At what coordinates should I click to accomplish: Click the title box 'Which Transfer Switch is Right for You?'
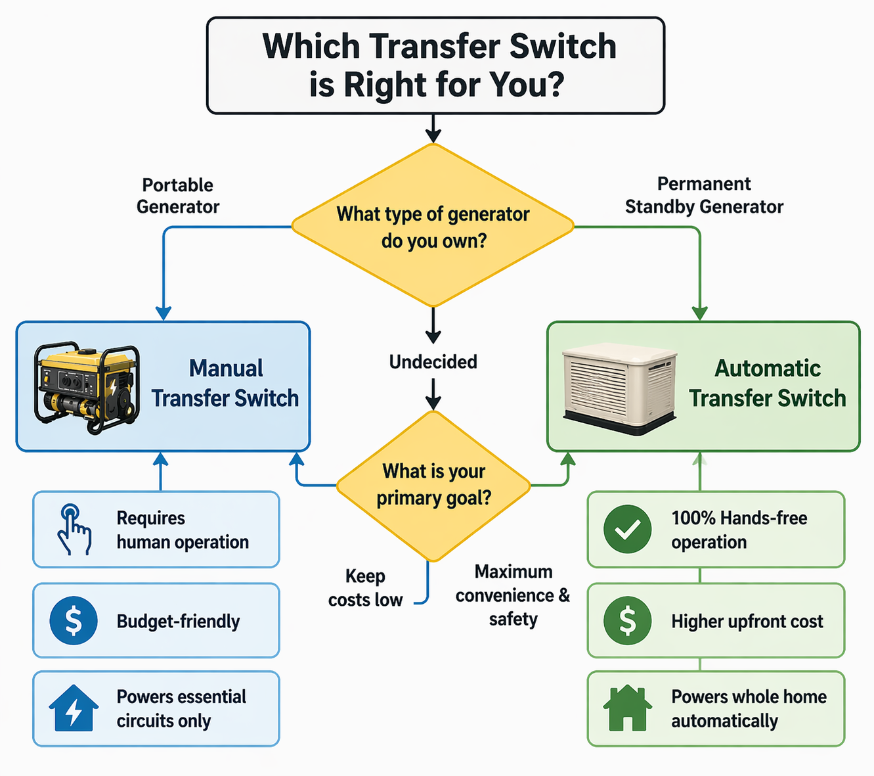436,66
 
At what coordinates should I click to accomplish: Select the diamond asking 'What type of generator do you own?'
433,227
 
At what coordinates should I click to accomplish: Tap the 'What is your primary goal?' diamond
433,485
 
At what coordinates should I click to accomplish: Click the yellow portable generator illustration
87,388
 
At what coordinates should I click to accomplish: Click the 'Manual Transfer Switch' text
225,383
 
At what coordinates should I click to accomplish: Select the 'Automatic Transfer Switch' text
767,383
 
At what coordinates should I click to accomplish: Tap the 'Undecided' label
433,362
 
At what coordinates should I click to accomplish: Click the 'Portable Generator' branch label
178,196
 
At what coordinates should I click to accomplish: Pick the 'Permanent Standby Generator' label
704,195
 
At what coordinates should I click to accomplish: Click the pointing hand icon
74,530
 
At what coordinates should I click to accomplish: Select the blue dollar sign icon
74,620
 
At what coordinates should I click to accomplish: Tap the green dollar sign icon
628,620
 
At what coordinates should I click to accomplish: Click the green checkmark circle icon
628,529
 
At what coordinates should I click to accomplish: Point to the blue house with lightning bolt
74,708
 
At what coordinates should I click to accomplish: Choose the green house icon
628,708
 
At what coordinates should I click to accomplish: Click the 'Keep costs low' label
365,588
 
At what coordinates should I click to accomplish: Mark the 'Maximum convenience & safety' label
513,595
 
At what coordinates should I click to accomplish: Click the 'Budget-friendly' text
178,621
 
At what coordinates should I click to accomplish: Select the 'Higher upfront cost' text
747,621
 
